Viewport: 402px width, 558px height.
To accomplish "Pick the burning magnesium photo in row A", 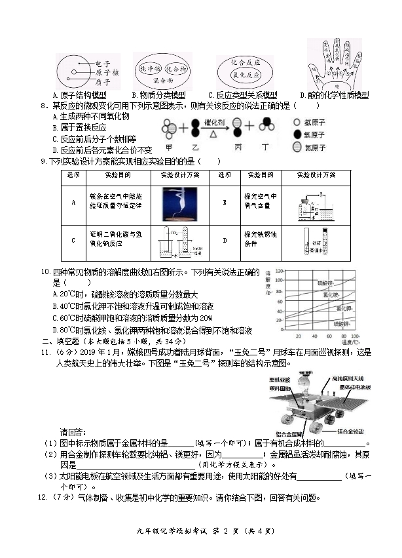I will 179,203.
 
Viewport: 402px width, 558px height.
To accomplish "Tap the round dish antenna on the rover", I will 302,380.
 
